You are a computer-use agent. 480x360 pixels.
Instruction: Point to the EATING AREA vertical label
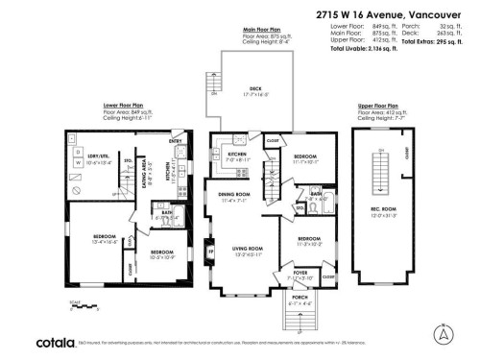(146, 173)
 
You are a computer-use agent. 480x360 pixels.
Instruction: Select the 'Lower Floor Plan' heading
(123, 105)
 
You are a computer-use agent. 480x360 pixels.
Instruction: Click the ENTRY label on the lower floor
(176, 142)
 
